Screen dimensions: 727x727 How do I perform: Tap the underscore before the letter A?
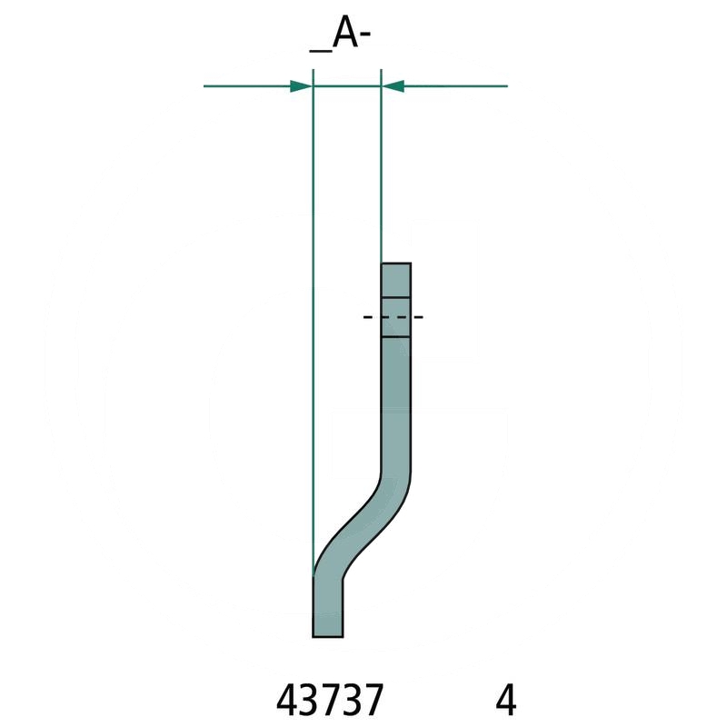click(321, 49)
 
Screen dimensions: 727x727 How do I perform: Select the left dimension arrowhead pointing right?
click(301, 86)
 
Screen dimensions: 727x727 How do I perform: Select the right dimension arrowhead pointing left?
click(393, 86)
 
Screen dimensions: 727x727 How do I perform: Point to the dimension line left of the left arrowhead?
click(245, 86)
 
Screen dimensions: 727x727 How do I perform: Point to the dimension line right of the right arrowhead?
click(454, 86)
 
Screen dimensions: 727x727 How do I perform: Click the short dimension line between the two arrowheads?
click(346, 86)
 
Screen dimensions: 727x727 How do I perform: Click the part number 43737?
click(329, 701)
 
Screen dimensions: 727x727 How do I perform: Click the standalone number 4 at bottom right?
click(506, 701)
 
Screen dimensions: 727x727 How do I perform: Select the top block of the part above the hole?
click(395, 279)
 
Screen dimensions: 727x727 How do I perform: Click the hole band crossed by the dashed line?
click(395, 317)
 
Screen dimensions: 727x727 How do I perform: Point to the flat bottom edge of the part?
click(327, 636)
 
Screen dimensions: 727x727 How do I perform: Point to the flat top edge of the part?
click(395, 264)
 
